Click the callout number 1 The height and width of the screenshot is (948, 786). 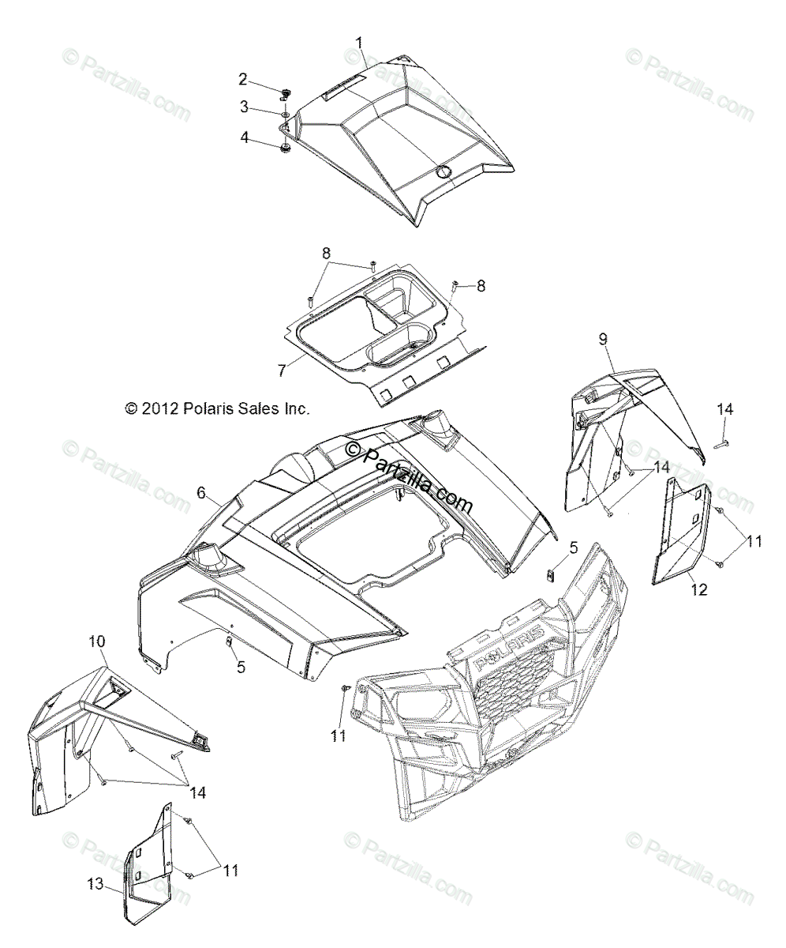click(x=360, y=42)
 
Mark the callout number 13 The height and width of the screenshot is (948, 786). click(x=95, y=885)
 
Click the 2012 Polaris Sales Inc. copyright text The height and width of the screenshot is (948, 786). click(x=217, y=408)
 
